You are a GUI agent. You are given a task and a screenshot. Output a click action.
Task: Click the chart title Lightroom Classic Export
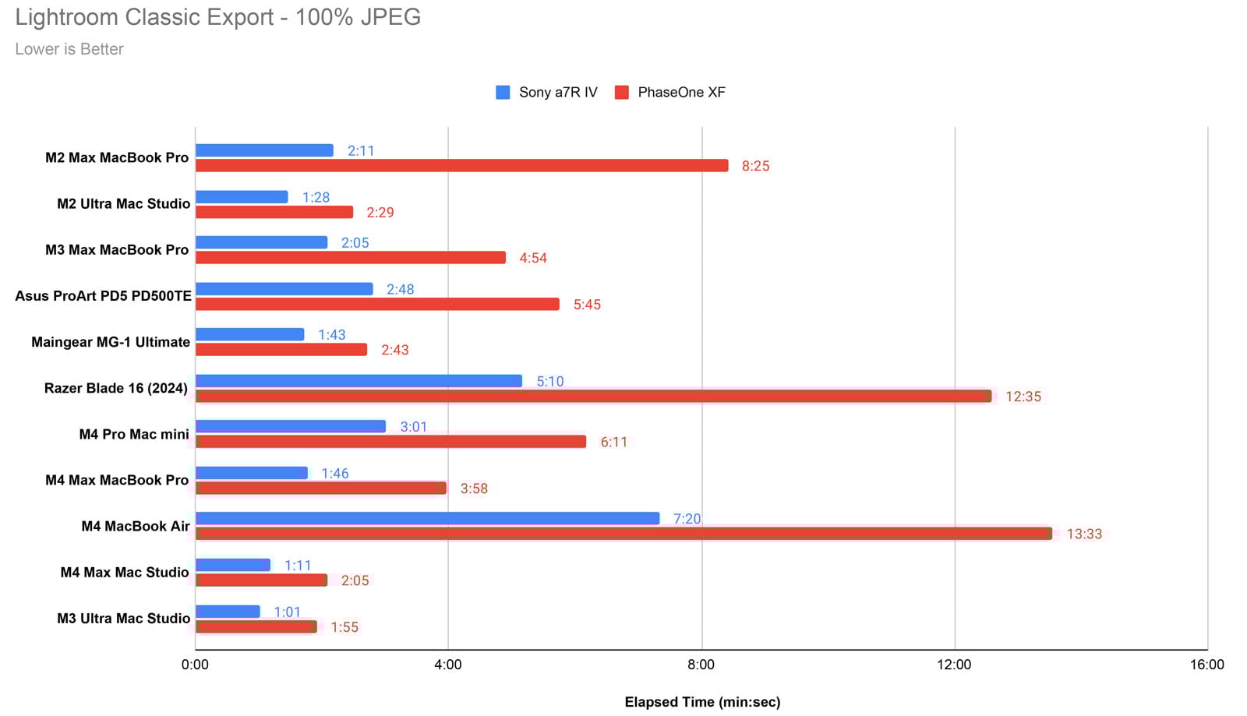pos(217,17)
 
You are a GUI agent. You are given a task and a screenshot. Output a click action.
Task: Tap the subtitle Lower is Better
pos(69,49)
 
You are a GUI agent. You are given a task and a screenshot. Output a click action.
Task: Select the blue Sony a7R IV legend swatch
pos(503,93)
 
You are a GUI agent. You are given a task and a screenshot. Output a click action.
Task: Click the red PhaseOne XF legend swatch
pos(621,93)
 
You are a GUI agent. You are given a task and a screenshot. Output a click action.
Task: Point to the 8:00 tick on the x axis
pos(701,665)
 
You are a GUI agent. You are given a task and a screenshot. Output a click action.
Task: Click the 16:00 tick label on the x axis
pos(1206,665)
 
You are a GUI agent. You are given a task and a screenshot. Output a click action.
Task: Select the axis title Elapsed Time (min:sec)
pos(702,702)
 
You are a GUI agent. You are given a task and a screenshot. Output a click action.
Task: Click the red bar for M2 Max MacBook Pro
pos(461,166)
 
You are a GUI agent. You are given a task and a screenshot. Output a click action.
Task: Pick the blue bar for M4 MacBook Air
pos(427,518)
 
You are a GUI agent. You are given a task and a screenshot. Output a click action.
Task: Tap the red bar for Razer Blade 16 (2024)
pos(593,396)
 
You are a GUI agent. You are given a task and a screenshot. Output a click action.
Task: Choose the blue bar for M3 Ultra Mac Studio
pos(228,612)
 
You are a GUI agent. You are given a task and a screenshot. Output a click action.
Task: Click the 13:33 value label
pos(1084,534)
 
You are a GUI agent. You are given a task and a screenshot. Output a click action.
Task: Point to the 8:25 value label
pos(755,166)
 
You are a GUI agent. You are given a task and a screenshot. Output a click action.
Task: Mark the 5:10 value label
pos(549,381)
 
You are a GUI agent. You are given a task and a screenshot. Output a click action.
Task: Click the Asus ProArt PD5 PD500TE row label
pos(103,296)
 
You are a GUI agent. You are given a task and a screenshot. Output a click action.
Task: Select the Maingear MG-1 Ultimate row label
pos(111,342)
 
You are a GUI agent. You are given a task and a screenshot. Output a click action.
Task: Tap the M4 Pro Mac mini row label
pos(134,434)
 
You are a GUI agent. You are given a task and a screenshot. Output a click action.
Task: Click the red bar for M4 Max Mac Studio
pos(261,580)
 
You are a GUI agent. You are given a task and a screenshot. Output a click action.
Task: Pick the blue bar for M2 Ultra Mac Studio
pos(242,197)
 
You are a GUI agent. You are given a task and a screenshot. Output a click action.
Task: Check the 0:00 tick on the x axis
pos(195,665)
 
